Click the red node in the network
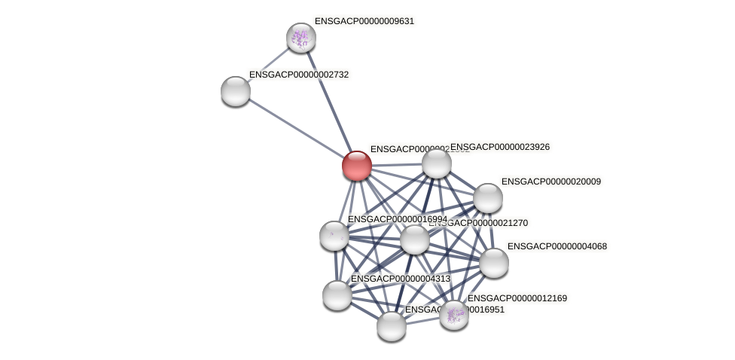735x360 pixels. click(x=356, y=166)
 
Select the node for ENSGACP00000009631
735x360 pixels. click(x=300, y=38)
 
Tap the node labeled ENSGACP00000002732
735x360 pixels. click(x=236, y=91)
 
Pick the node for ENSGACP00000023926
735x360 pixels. click(x=437, y=163)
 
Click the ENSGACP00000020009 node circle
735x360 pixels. click(x=488, y=198)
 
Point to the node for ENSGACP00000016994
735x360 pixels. click(x=334, y=236)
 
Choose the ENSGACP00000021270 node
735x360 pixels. click(x=415, y=239)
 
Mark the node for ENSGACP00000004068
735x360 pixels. click(x=494, y=263)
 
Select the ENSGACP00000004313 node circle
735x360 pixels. click(x=337, y=294)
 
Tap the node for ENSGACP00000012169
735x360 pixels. click(x=454, y=315)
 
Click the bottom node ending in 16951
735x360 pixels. click(x=392, y=326)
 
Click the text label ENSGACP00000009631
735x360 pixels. click(x=364, y=21)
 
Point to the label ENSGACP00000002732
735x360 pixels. click(x=299, y=75)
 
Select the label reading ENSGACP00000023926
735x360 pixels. click(x=500, y=147)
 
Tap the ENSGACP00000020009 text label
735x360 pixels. click(x=551, y=182)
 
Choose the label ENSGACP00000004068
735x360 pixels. click(x=557, y=246)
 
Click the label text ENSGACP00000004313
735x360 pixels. click(x=401, y=279)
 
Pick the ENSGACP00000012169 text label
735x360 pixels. click(x=517, y=298)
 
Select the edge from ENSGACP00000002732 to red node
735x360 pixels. click(x=296, y=128)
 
